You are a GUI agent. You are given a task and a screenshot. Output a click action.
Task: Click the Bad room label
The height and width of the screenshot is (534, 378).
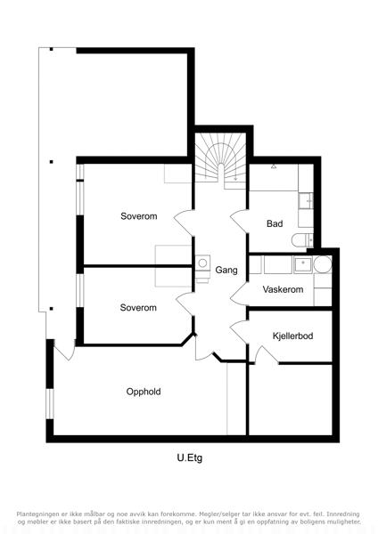click(x=275, y=223)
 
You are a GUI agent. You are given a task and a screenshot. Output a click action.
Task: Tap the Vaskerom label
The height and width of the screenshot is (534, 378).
click(x=283, y=289)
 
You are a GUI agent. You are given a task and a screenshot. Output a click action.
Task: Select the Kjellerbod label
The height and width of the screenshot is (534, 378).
click(x=292, y=336)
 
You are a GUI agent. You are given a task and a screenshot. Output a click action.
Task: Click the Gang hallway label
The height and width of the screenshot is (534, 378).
click(x=226, y=270)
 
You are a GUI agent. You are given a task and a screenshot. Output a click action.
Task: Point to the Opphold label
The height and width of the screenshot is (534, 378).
click(x=144, y=392)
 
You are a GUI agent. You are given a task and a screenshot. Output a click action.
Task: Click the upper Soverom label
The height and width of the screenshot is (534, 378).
click(x=139, y=216)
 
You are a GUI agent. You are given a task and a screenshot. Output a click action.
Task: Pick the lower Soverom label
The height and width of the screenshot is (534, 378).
click(x=138, y=308)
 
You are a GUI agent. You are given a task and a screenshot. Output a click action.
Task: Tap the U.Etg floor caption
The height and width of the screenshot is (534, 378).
click(x=190, y=457)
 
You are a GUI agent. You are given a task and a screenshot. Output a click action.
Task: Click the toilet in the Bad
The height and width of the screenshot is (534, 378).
click(x=302, y=240)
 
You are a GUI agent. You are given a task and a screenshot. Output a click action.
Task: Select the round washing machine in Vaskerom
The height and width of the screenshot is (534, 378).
click(x=323, y=264)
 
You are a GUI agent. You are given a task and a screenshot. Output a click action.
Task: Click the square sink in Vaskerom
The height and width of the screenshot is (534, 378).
click(x=303, y=265)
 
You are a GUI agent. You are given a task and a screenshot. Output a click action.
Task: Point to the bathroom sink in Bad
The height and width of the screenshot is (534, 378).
click(x=306, y=200)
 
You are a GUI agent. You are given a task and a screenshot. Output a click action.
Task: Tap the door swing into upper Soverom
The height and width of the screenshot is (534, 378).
click(x=184, y=222)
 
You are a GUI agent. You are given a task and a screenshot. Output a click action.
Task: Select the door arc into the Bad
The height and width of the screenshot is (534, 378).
click(x=240, y=221)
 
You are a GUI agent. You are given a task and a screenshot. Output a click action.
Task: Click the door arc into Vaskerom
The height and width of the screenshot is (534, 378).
click(x=240, y=294)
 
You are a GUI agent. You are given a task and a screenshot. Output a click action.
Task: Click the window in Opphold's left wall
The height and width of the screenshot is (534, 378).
click(x=50, y=403)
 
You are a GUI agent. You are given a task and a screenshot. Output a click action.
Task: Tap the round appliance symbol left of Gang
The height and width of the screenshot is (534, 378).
click(x=202, y=263)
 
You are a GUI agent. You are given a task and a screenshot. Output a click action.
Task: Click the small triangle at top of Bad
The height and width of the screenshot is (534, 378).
click(x=274, y=166)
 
